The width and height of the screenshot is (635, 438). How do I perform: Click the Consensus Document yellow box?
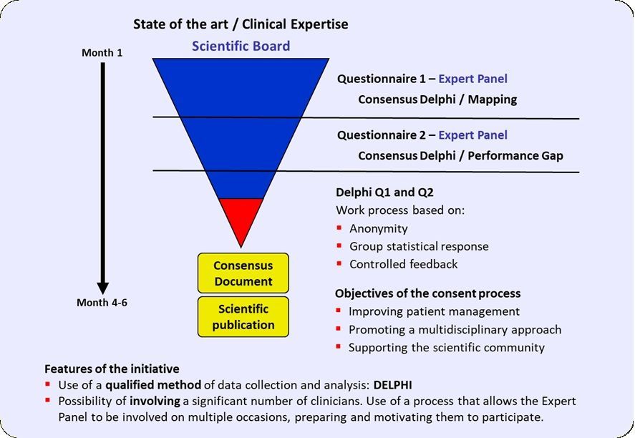(x=243, y=273)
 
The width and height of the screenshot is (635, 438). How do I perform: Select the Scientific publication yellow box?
(x=243, y=316)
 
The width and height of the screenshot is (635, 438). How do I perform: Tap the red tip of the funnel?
(x=241, y=220)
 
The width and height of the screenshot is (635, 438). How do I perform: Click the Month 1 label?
(x=102, y=53)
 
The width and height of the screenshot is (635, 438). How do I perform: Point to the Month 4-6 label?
(x=102, y=303)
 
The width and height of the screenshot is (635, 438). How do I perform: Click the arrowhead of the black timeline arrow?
(x=103, y=288)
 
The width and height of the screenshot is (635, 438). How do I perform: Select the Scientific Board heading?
(x=241, y=46)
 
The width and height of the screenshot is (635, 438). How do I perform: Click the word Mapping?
(x=493, y=99)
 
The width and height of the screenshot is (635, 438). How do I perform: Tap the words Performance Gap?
(x=515, y=156)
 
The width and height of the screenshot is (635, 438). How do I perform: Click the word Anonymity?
(x=379, y=229)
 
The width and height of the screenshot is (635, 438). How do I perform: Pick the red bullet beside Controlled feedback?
(x=339, y=263)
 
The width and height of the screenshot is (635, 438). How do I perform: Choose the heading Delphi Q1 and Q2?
(x=384, y=193)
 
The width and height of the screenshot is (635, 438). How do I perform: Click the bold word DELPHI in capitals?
(x=392, y=385)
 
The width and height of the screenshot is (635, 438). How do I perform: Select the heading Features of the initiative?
(x=112, y=369)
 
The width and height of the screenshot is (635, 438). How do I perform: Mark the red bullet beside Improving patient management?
(x=339, y=311)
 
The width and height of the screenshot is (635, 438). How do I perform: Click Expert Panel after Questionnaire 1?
(x=472, y=79)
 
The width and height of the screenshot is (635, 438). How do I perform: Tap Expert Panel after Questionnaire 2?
(x=472, y=135)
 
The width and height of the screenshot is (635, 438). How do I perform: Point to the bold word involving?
(x=155, y=401)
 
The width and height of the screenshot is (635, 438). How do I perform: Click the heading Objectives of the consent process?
(x=427, y=293)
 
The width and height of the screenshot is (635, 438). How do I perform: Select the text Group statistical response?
(x=419, y=246)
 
